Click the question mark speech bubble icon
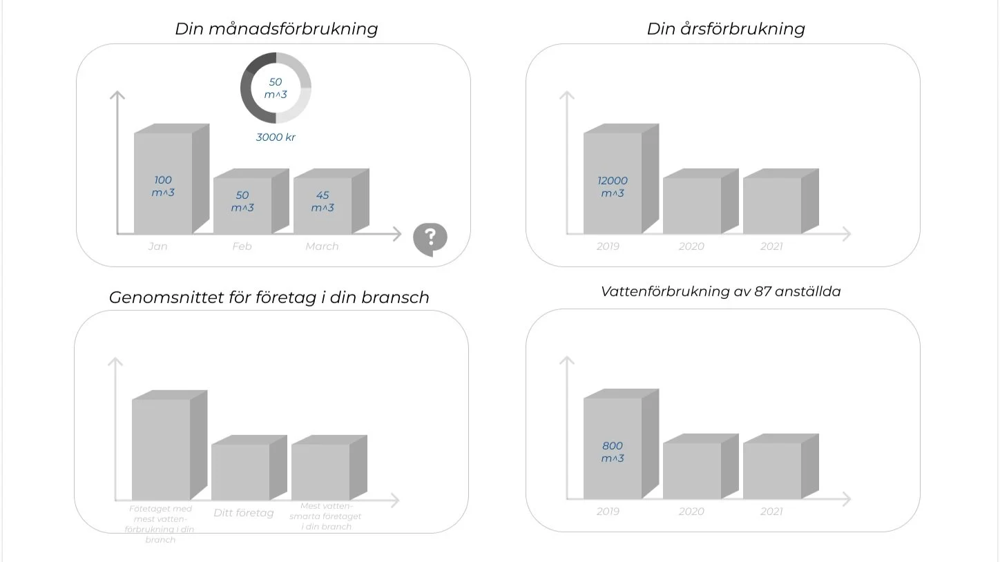pyautogui.click(x=430, y=238)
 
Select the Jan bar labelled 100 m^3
pyautogui.click(x=163, y=184)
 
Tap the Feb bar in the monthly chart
pyautogui.click(x=242, y=204)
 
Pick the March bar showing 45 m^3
pyautogui.click(x=323, y=204)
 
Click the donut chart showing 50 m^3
pyautogui.click(x=276, y=88)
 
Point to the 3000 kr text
pyautogui.click(x=276, y=137)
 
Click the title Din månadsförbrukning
pyautogui.click(x=276, y=29)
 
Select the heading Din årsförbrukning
pyautogui.click(x=726, y=29)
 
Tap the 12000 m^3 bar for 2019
pyautogui.click(x=613, y=184)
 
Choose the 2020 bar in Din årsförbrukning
pyautogui.click(x=692, y=205)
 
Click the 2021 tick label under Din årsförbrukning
pyautogui.click(x=771, y=246)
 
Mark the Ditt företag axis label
pyautogui.click(x=243, y=513)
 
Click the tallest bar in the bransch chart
pyautogui.click(x=161, y=449)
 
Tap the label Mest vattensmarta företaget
pyautogui.click(x=325, y=516)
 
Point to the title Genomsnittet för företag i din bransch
pyautogui.click(x=269, y=298)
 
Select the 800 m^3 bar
pyautogui.click(x=613, y=449)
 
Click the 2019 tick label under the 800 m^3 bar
pyautogui.click(x=608, y=512)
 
